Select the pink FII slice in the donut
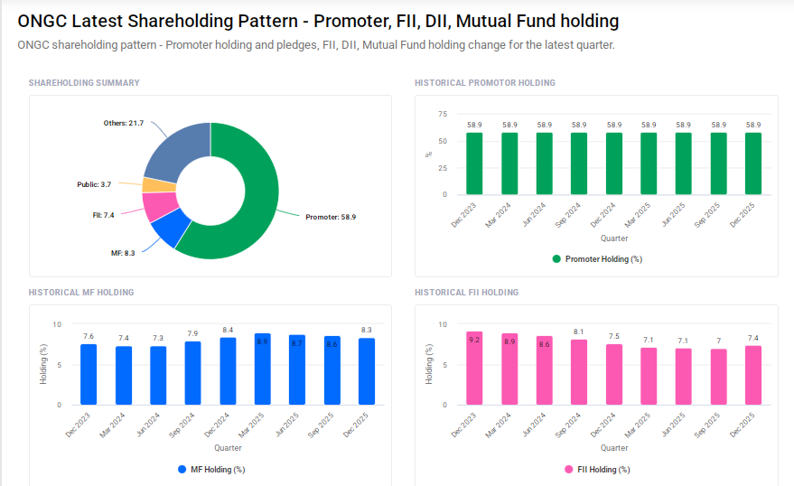point(158,207)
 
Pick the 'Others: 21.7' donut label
point(124,123)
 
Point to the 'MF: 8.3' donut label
point(123,253)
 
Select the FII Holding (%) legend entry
point(597,470)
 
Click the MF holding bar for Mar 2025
point(262,369)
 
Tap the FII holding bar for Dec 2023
point(475,369)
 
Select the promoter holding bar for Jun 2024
point(545,164)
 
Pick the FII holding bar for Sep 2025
point(719,377)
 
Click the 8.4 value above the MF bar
point(228,331)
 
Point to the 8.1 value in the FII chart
point(579,332)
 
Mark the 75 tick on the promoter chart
point(443,114)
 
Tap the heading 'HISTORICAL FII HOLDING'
point(466,293)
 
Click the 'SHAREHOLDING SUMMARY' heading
point(84,83)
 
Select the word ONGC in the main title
point(42,21)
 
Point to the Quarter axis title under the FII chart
point(614,448)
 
